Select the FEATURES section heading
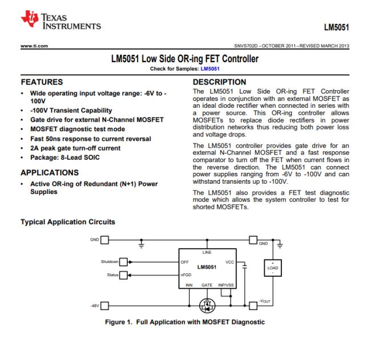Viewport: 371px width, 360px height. pos(43,82)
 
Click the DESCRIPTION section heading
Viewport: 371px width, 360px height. pos(220,82)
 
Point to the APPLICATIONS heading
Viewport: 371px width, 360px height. pos(50,172)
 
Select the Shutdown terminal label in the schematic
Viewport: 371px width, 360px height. pos(109,262)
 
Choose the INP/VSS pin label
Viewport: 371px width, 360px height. pos(227,284)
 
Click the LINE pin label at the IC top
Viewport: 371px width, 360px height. pos(207,251)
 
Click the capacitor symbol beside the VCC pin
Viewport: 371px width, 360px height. pos(244,266)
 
